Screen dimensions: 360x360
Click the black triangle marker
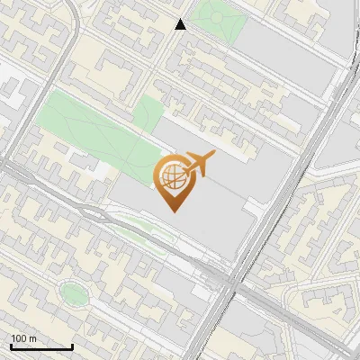point(181,24)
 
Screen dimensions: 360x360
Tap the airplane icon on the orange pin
point(200,164)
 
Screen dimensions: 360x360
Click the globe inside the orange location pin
point(173,177)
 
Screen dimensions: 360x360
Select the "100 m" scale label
point(24,338)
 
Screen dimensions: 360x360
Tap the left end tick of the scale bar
point(10,346)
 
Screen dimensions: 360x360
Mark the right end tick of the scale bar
point(72,346)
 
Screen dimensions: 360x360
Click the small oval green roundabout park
point(71,291)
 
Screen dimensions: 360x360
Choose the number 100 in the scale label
point(20,338)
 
